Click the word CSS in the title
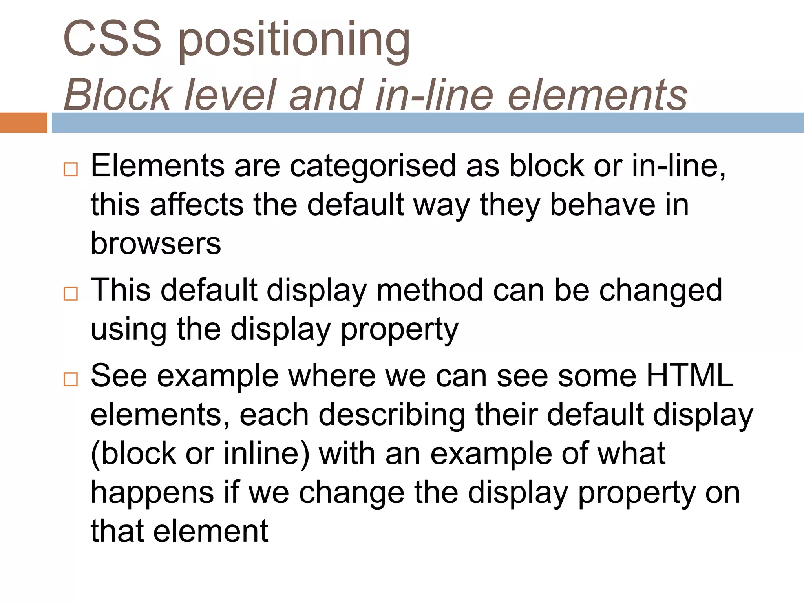pos(112,38)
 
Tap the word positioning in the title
pos(294,41)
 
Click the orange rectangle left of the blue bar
pos(23,122)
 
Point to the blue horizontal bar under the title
pos(428,122)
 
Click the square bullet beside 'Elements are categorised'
pos(71,170)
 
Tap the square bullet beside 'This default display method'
pos(71,294)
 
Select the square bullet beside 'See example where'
pos(71,379)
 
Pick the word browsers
pos(156,243)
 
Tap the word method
pos(429,290)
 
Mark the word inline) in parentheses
pos(267,454)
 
